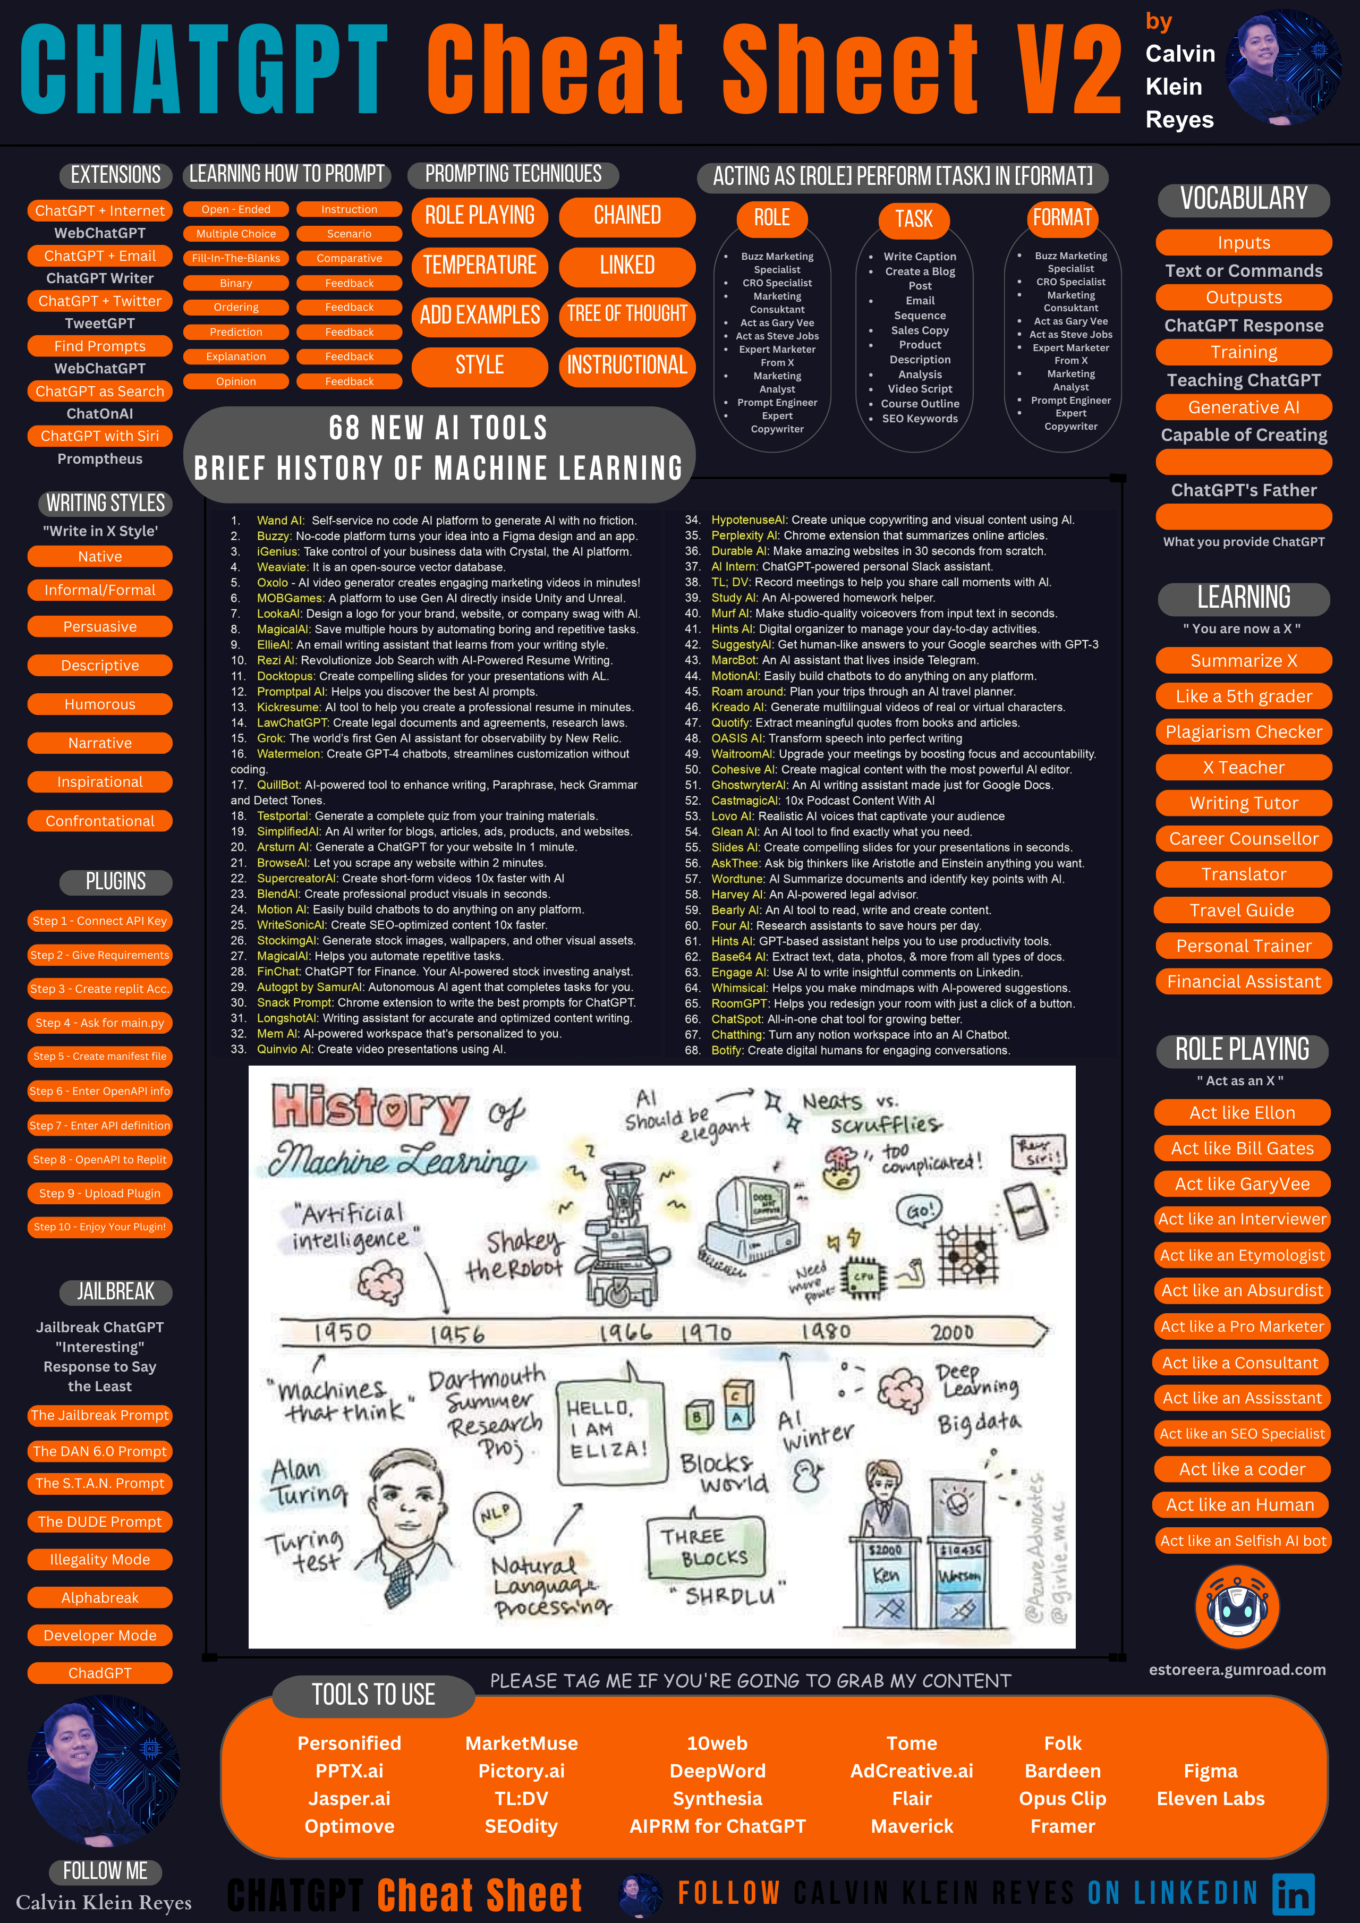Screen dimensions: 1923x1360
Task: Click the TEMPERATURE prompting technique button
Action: pos(479,266)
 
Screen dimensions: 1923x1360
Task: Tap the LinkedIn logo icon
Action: pos(1293,1894)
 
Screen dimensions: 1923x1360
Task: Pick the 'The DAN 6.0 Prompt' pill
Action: pos(100,1451)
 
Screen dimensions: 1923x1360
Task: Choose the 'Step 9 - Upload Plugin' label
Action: pos(100,1194)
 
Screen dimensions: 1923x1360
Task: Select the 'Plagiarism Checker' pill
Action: pos(1244,732)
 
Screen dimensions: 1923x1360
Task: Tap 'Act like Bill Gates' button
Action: pos(1242,1148)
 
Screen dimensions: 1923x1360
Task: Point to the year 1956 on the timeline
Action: pos(457,1333)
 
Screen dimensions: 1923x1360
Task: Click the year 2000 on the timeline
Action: pos(952,1332)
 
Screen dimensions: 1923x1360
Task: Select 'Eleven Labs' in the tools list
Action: pos(1210,1798)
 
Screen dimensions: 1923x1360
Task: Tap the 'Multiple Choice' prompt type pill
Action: pos(236,234)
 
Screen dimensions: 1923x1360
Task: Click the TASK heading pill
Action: pos(914,219)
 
